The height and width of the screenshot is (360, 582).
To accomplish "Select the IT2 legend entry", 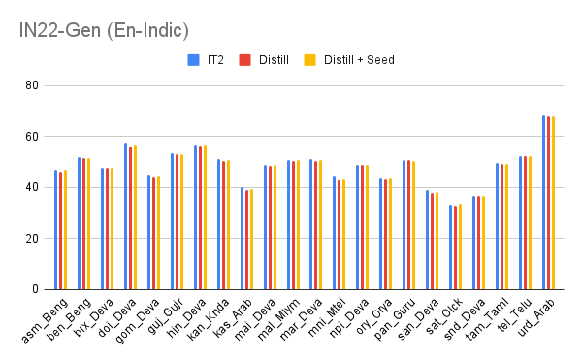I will pos(215,60).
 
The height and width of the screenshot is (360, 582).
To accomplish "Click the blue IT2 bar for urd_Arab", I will pos(544,203).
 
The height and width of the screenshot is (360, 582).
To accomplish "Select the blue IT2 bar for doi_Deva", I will pos(125,216).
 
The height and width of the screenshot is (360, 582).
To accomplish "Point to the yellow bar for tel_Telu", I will pos(530,223).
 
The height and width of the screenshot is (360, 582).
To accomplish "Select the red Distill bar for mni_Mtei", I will pos(339,235).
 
